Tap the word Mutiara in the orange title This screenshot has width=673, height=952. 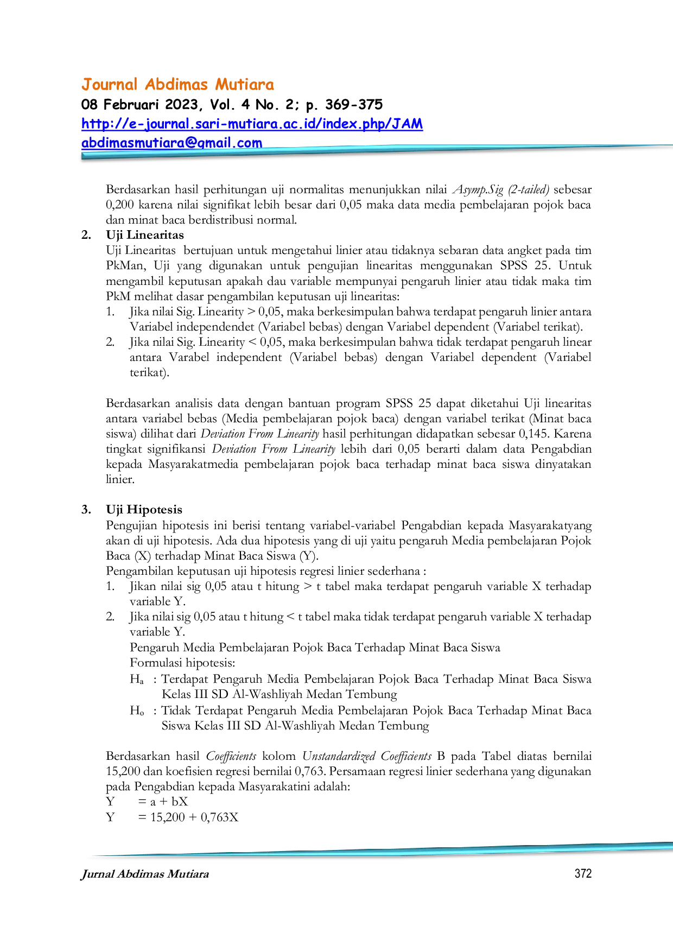pyautogui.click(x=245, y=85)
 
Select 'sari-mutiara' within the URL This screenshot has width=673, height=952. pyautogui.click(x=230, y=124)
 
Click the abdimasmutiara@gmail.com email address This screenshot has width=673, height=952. pyautogui.click(x=172, y=143)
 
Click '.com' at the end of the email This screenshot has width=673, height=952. pyautogui.click(x=249, y=143)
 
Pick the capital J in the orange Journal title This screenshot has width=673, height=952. pyautogui.click(x=85, y=85)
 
